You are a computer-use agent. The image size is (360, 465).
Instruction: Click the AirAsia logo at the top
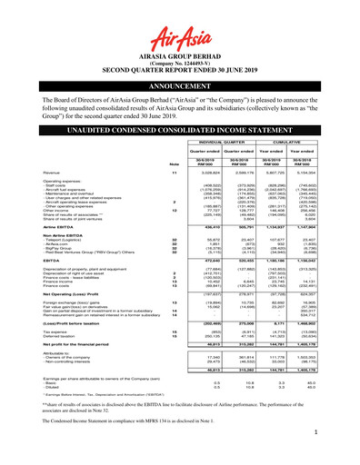(180, 20)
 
